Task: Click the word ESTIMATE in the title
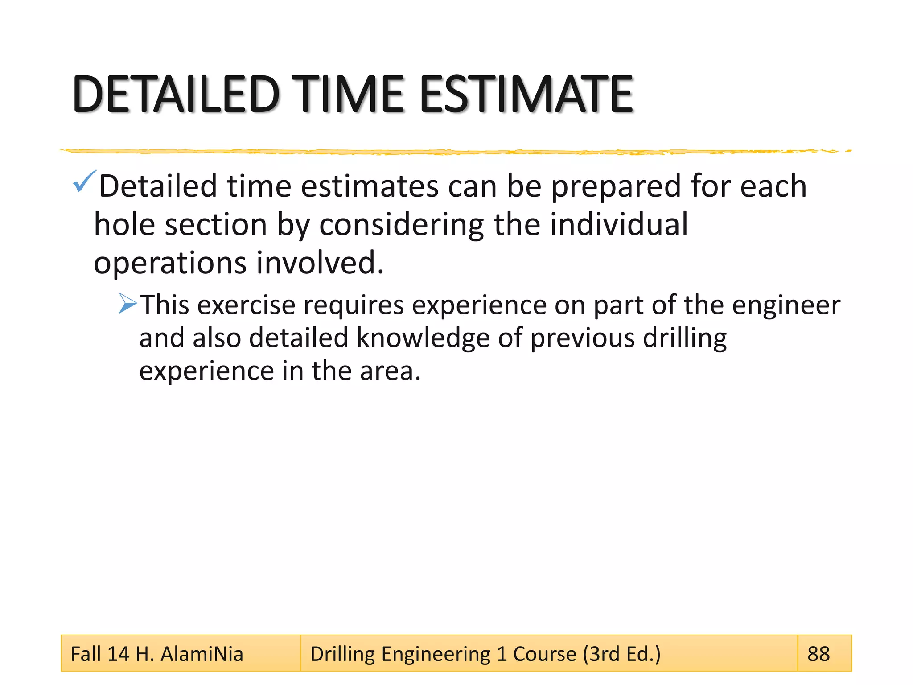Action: click(x=526, y=95)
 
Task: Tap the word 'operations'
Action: click(x=169, y=263)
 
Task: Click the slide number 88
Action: click(x=818, y=654)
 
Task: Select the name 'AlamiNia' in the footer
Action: click(x=202, y=654)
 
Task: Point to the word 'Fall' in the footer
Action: click(x=86, y=654)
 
